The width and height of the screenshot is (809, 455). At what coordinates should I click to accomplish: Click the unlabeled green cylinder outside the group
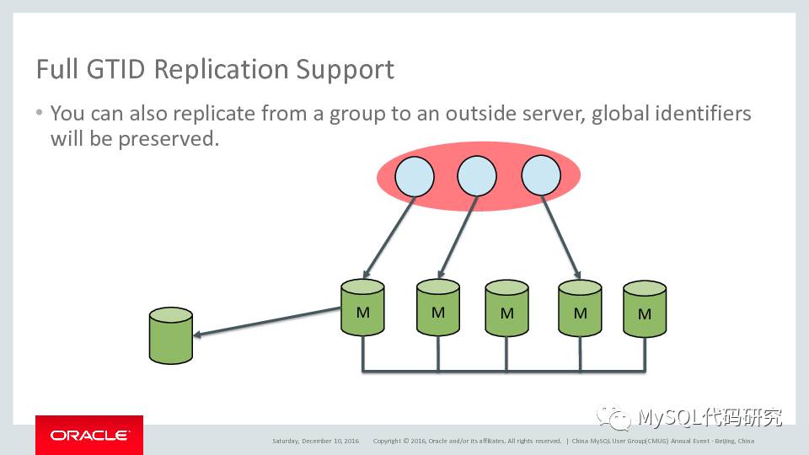click(170, 335)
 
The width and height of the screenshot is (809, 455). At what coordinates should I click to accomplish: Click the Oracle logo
click(88, 435)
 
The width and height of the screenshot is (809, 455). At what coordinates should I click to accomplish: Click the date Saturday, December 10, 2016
click(315, 441)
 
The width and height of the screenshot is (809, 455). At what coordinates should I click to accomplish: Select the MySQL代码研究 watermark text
click(709, 417)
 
